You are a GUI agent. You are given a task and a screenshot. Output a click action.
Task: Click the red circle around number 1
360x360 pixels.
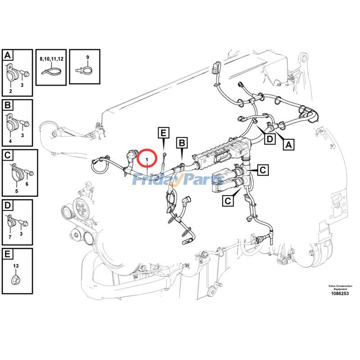coord(147,158)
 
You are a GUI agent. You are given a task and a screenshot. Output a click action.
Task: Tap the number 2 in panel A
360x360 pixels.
coord(10,91)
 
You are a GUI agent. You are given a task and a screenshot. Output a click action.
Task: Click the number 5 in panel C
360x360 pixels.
coord(17,191)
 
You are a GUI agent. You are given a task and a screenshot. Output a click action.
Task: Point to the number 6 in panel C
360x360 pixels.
coord(27,184)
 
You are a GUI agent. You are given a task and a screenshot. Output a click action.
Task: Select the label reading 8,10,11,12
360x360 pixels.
coord(51,58)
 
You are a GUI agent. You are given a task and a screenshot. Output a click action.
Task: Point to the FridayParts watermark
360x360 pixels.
coord(178,180)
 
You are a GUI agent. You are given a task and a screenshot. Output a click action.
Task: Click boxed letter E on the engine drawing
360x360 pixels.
coord(163,132)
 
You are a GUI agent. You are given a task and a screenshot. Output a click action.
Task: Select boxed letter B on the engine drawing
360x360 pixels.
coord(181,144)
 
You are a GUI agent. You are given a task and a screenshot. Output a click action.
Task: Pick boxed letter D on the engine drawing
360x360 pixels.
coord(269,139)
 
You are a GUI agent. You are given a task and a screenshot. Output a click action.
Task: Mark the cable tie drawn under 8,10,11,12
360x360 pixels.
coord(51,71)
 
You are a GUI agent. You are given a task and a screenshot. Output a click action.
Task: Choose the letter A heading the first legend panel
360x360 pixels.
coord(8,56)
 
